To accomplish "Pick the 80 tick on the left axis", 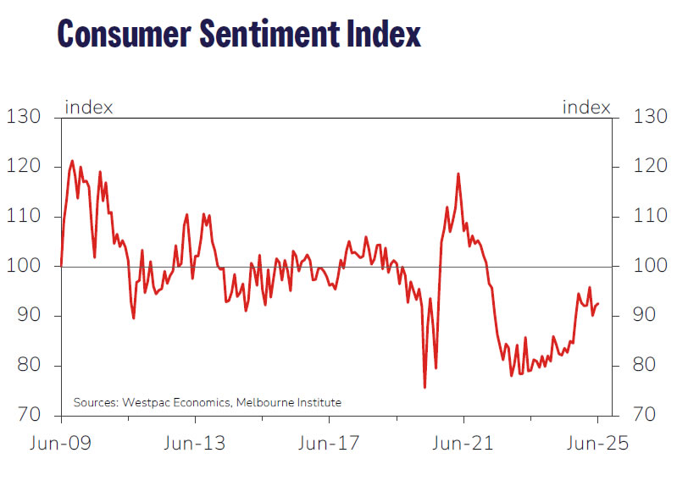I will pos(25,366).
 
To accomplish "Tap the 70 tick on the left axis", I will pos(25,416).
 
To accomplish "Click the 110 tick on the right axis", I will pos(649,217).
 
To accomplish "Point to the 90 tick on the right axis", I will pos(647,316).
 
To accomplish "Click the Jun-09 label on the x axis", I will pos(60,444).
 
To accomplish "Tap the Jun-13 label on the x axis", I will pos(195,444).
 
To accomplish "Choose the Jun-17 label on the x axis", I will pos(329,444).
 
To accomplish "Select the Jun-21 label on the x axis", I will pos(463,444).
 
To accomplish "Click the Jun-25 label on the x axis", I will pos(598,444).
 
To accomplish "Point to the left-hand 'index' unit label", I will pos(89,108).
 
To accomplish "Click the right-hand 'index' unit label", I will pos(586,108).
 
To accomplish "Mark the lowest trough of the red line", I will pos(425,387).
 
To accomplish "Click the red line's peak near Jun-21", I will pos(458,174).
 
